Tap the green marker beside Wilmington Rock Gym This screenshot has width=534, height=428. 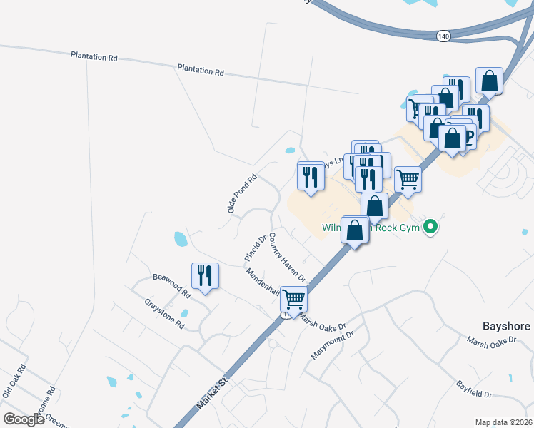click(430, 228)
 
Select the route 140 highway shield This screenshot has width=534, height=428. click(444, 35)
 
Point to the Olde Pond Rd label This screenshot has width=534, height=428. click(241, 194)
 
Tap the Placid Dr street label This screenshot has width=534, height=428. click(255, 247)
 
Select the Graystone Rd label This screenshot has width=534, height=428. click(164, 314)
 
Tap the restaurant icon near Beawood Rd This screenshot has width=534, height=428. click(206, 275)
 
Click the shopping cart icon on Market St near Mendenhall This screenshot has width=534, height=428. click(293, 299)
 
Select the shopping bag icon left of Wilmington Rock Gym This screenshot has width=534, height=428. click(356, 230)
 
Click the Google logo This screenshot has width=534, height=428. click(24, 419)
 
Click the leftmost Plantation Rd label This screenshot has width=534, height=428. click(94, 56)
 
